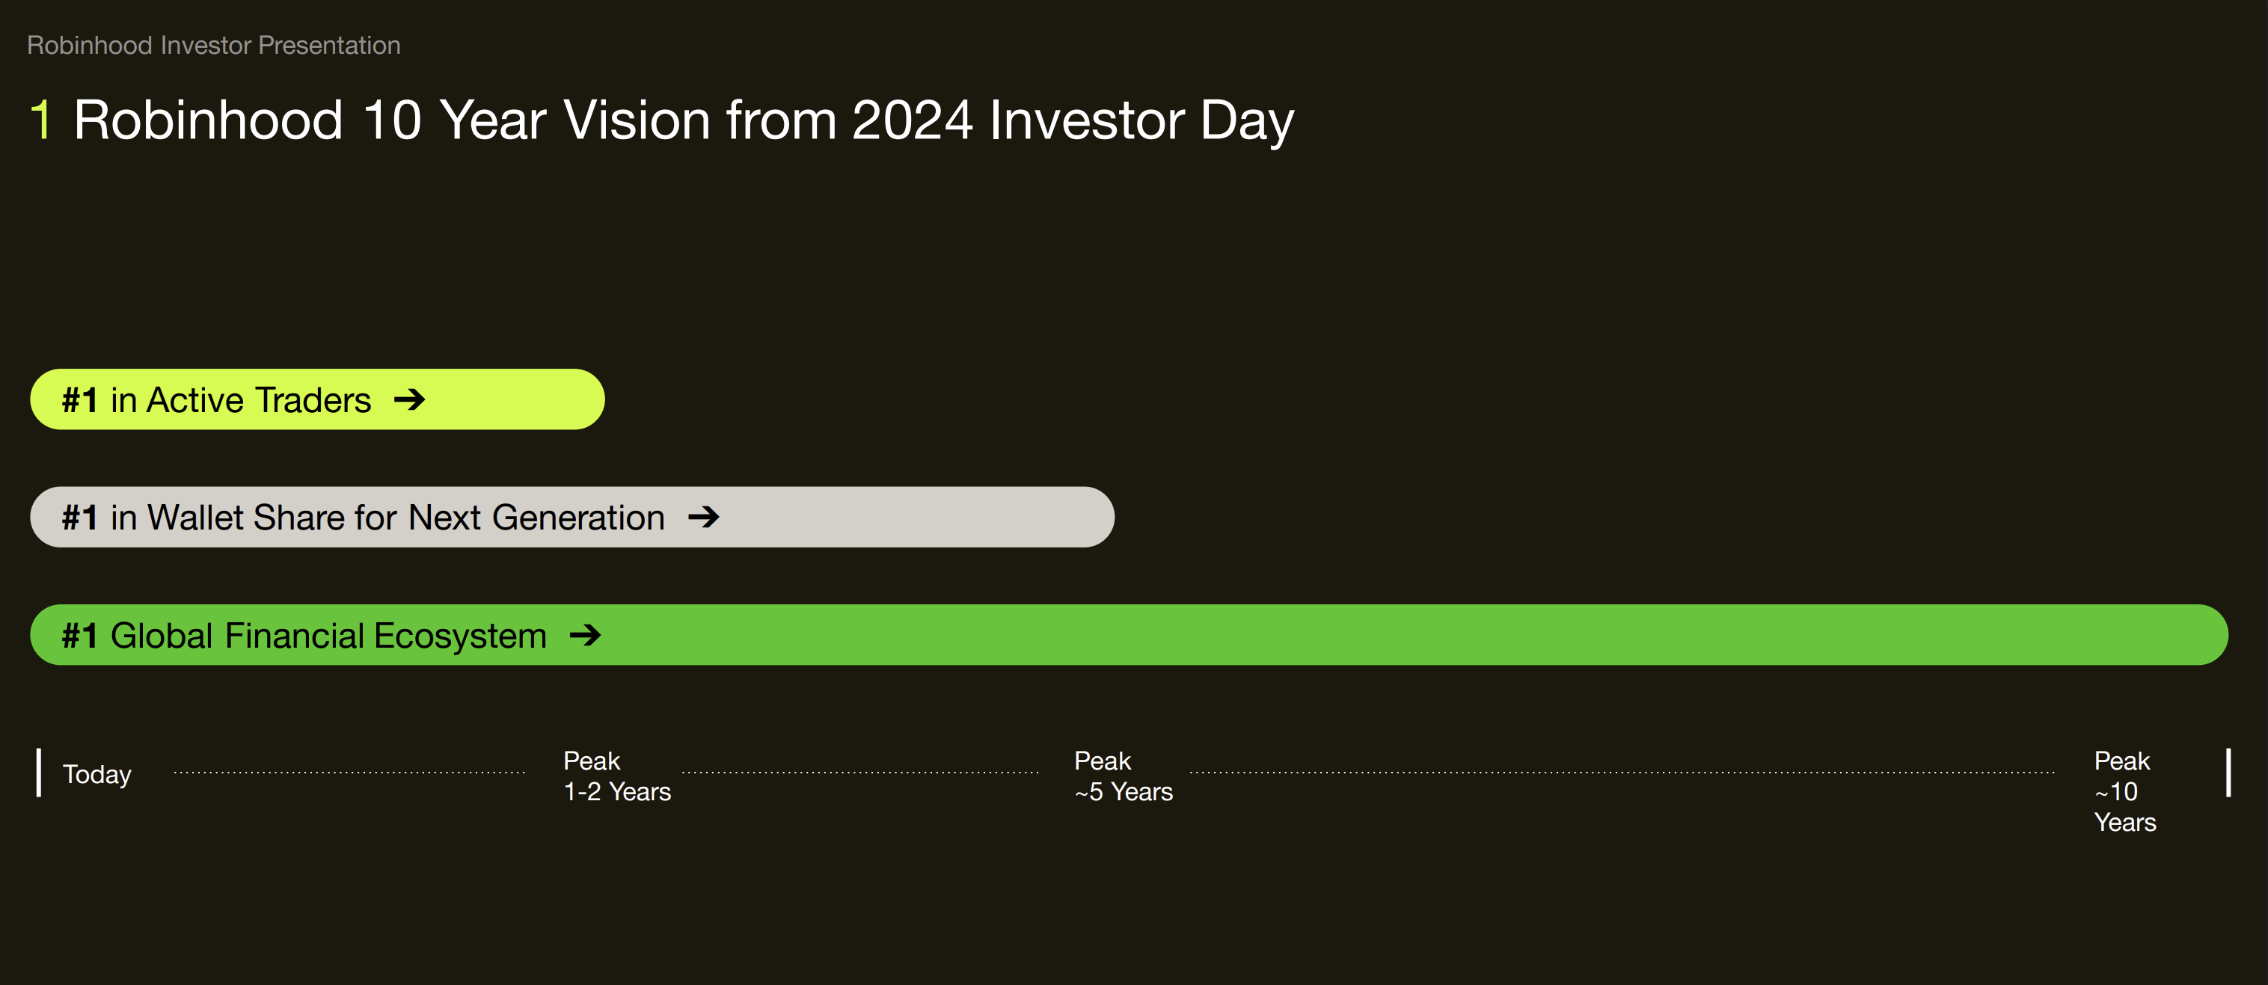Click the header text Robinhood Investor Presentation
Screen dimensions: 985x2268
point(213,45)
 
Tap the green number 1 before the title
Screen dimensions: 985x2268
point(40,120)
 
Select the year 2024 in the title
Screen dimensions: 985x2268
point(911,120)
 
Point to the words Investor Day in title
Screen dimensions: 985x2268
point(1141,120)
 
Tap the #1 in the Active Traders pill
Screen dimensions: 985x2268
point(79,401)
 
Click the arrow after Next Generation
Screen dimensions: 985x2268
point(703,517)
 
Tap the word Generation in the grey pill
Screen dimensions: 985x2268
point(577,518)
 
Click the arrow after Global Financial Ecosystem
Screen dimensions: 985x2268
point(585,635)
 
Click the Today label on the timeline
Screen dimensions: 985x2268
point(96,774)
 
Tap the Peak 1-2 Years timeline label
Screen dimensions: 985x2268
point(616,776)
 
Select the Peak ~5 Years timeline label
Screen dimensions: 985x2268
point(1123,776)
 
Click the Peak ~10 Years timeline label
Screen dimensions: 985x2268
point(2124,791)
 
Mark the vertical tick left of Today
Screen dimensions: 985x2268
point(39,773)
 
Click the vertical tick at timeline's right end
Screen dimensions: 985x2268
point(2228,773)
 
